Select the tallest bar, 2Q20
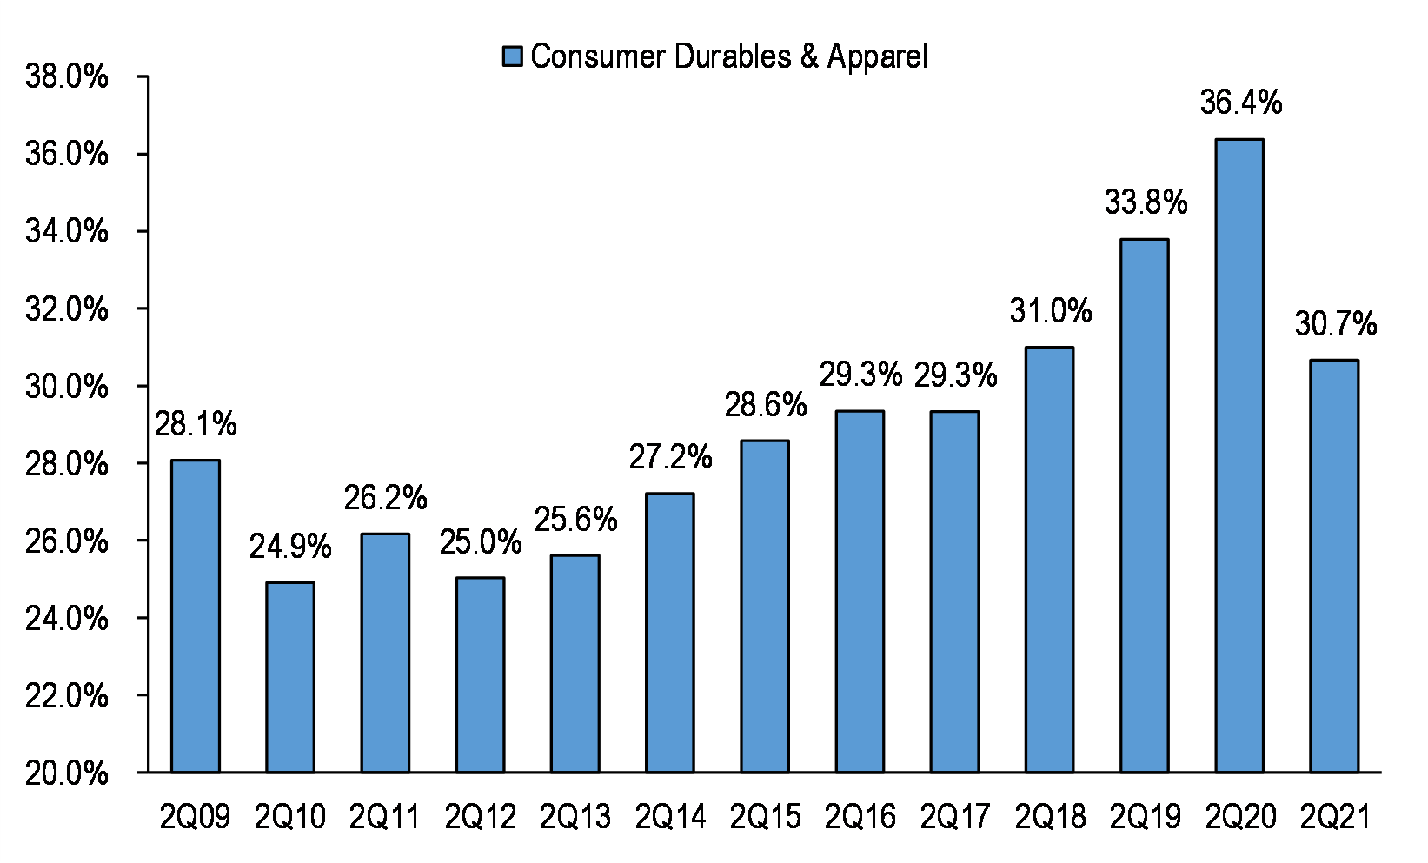point(1239,455)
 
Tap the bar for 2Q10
point(290,677)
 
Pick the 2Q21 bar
point(1334,566)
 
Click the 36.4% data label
point(1240,103)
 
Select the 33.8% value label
point(1146,202)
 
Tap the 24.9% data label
point(290,547)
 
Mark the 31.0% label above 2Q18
point(1050,310)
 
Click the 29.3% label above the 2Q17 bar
point(955,375)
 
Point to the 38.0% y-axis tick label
point(67,76)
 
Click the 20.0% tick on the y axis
point(67,773)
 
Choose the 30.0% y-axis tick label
point(67,386)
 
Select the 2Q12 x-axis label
point(480,817)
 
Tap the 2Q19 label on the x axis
point(1146,817)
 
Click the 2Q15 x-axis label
point(765,817)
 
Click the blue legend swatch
point(513,56)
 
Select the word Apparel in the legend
point(877,56)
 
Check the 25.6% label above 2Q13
point(575,520)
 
